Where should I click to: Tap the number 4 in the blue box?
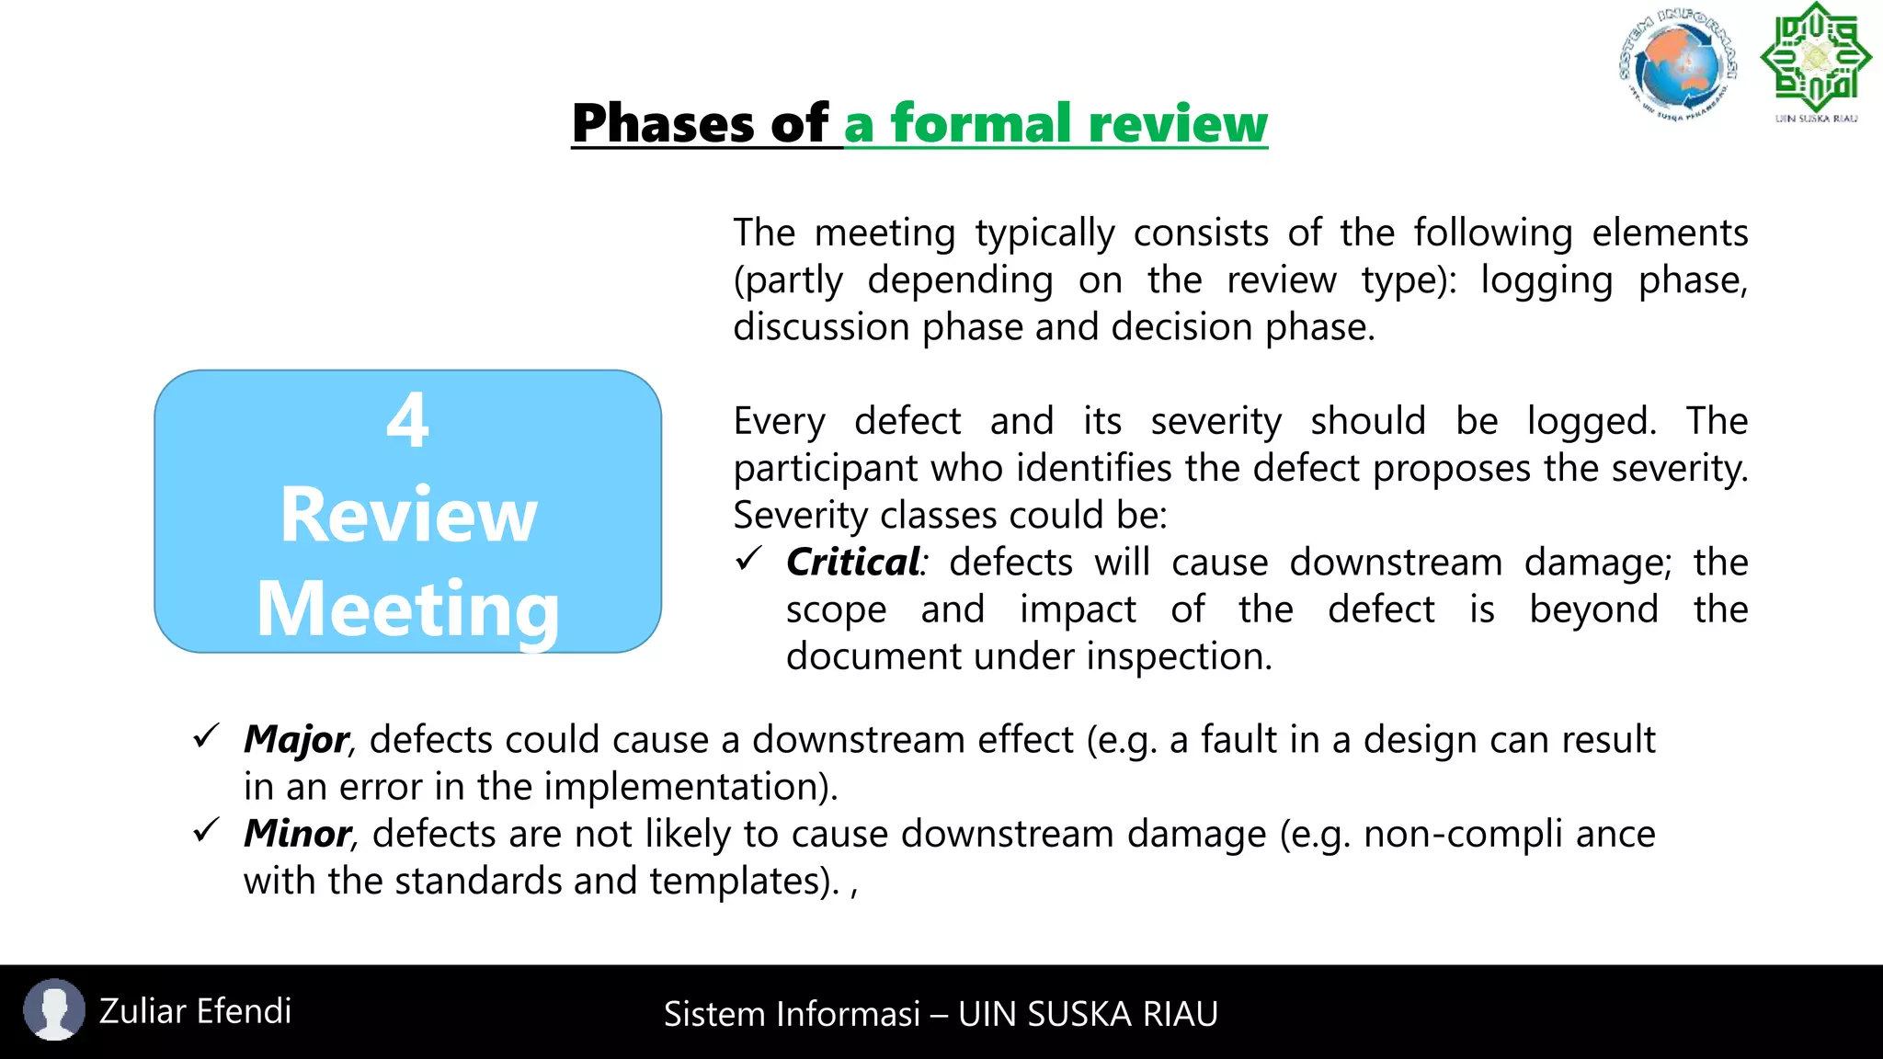coord(407,420)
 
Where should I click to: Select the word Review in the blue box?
coord(408,515)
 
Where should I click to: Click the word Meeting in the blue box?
coord(408,609)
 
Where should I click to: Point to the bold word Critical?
coord(852,563)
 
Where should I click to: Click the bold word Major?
coord(296,740)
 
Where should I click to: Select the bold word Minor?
coord(297,834)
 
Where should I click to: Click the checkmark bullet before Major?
coord(206,735)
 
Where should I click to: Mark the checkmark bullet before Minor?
coord(206,830)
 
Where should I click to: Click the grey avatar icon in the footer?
coord(54,1009)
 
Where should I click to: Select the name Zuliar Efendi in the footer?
coord(195,1011)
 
